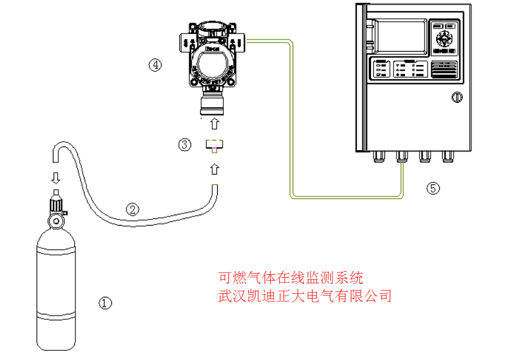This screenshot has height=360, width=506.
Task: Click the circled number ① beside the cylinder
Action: (106, 302)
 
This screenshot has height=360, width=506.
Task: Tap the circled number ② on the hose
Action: (132, 209)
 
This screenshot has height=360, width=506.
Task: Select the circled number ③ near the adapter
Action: (184, 145)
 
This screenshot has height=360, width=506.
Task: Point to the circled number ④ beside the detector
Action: (156, 64)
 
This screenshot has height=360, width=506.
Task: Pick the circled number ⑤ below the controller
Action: (432, 188)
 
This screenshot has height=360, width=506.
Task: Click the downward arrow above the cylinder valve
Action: (55, 178)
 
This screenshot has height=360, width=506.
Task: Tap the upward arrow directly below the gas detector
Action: (214, 124)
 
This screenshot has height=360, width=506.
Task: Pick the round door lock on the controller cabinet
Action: (457, 97)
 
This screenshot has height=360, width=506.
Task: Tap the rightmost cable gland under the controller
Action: (449, 157)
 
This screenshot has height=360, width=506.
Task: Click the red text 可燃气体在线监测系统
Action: (291, 279)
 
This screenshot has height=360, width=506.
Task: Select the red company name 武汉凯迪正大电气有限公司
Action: (304, 296)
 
